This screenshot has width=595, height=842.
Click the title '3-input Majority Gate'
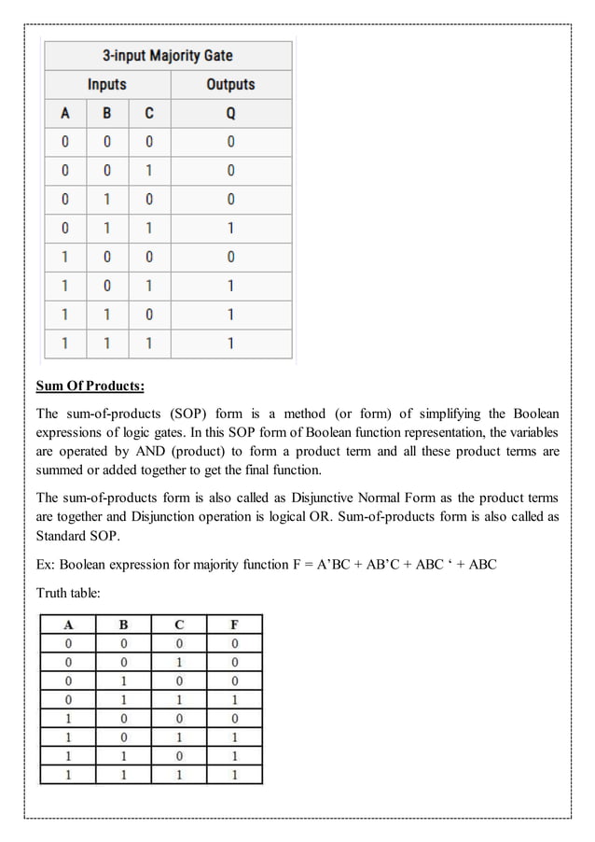click(168, 55)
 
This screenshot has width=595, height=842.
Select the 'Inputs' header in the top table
click(106, 85)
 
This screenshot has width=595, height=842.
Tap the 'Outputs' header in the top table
click(230, 85)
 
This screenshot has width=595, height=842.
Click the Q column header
click(230, 114)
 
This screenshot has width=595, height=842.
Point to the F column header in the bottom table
click(234, 624)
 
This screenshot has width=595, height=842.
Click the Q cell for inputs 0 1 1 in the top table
click(230, 228)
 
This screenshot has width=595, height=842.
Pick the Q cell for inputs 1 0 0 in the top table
click(230, 257)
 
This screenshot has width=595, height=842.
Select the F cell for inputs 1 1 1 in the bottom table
click(234, 774)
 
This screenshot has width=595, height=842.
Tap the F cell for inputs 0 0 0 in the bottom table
click(234, 643)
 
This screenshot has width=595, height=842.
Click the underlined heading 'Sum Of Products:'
click(90, 386)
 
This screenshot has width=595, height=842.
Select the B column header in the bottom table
click(123, 624)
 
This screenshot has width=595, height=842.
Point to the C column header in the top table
click(149, 114)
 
